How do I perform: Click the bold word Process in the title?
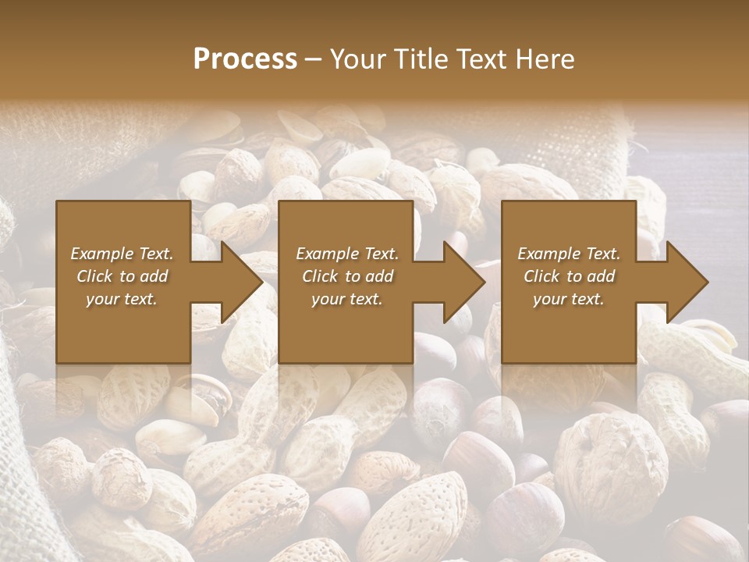pyautogui.click(x=245, y=59)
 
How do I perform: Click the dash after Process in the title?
pyautogui.click(x=313, y=61)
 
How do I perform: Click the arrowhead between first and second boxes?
pyautogui.click(x=238, y=282)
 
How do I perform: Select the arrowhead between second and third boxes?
pyautogui.click(x=461, y=282)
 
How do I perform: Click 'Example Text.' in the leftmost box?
pyautogui.click(x=122, y=254)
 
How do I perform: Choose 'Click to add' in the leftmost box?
pyautogui.click(x=122, y=276)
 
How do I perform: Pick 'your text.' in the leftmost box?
pyautogui.click(x=122, y=299)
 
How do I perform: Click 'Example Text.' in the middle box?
pyautogui.click(x=347, y=254)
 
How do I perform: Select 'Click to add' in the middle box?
pyautogui.click(x=347, y=276)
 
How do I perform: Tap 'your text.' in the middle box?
pyautogui.click(x=347, y=299)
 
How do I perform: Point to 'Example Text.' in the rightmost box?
pyautogui.click(x=569, y=254)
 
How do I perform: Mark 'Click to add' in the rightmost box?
pyautogui.click(x=569, y=276)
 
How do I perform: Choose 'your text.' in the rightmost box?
pyautogui.click(x=569, y=299)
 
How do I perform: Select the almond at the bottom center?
pyautogui.click(x=414, y=515)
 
